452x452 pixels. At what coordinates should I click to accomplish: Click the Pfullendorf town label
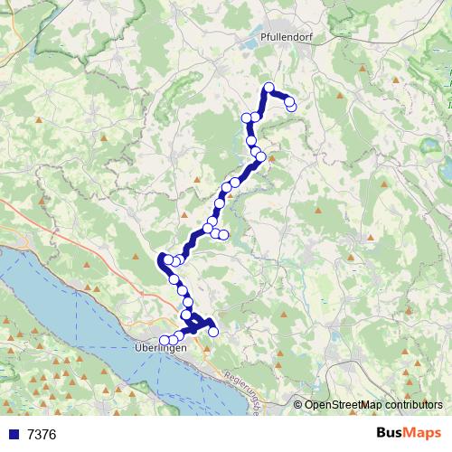[280, 40]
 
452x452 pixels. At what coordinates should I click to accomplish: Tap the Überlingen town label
[161, 349]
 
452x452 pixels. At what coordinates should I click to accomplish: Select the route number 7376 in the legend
[42, 435]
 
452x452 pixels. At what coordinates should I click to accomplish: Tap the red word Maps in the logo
[425, 434]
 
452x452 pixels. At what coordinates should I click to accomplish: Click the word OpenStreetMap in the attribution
[343, 405]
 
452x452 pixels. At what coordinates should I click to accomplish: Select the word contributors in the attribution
[413, 405]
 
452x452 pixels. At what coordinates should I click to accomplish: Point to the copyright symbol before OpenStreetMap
[297, 405]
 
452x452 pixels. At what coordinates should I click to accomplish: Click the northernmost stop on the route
[268, 88]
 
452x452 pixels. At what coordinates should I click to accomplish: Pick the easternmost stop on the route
[291, 107]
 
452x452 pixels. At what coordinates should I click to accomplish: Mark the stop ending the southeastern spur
[213, 332]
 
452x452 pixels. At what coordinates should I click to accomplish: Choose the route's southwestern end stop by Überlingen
[164, 341]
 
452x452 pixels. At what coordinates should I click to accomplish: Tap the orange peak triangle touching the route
[269, 155]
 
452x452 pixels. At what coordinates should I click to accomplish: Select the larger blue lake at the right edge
[445, 167]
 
